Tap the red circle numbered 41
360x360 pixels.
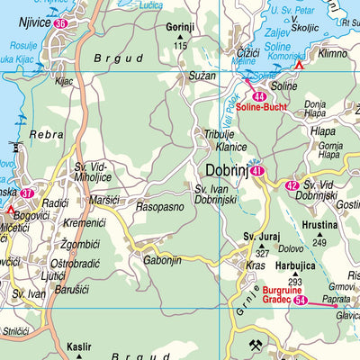[x=258, y=170]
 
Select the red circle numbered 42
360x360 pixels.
[x=292, y=185]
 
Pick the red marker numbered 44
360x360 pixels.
[x=260, y=96]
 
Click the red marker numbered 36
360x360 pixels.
[x=60, y=24]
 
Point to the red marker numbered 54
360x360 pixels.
[x=301, y=300]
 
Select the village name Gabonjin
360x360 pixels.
[x=163, y=260]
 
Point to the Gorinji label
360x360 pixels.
[x=180, y=27]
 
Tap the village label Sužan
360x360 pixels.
[x=202, y=76]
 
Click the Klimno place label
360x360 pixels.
[x=332, y=53]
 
